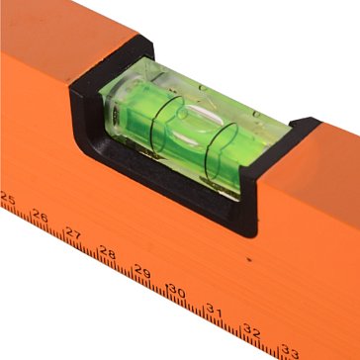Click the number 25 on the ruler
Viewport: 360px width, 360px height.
tap(7, 199)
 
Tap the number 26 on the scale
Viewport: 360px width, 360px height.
tap(41, 217)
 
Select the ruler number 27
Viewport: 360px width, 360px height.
tap(73, 233)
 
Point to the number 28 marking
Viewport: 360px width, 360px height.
tap(108, 252)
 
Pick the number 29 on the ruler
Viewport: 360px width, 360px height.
tap(142, 271)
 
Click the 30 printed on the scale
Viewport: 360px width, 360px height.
tap(178, 290)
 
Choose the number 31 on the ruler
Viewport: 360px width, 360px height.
tap(215, 310)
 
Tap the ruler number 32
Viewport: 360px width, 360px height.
tap(252, 330)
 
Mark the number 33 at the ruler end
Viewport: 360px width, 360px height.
tap(290, 350)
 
